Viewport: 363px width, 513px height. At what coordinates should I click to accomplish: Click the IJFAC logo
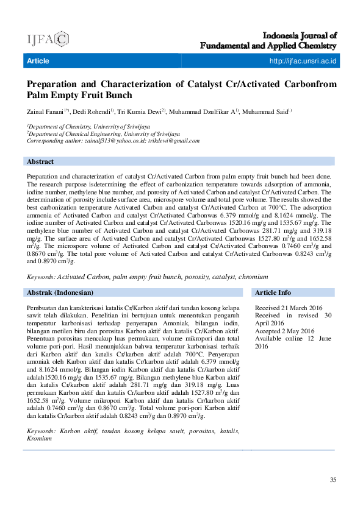pos(47,39)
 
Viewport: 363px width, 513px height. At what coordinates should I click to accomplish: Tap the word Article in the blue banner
pos(38,61)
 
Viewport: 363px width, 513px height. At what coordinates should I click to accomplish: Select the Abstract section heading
pos(40,161)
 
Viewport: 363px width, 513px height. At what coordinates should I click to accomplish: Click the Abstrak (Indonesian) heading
pos(60,292)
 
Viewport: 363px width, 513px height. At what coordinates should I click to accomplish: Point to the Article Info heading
pos(273,292)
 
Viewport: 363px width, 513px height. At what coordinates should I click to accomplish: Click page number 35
pos(333,480)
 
